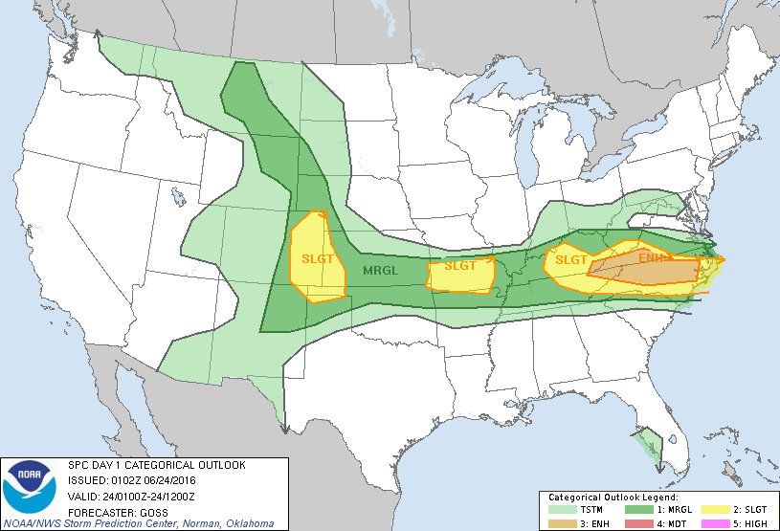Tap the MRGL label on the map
coord(380,271)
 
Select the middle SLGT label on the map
coord(459,266)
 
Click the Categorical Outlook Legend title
coord(613,498)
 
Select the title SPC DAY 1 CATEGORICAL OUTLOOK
coord(156,465)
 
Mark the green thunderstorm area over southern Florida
coord(649,445)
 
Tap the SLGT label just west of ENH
coord(570,260)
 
